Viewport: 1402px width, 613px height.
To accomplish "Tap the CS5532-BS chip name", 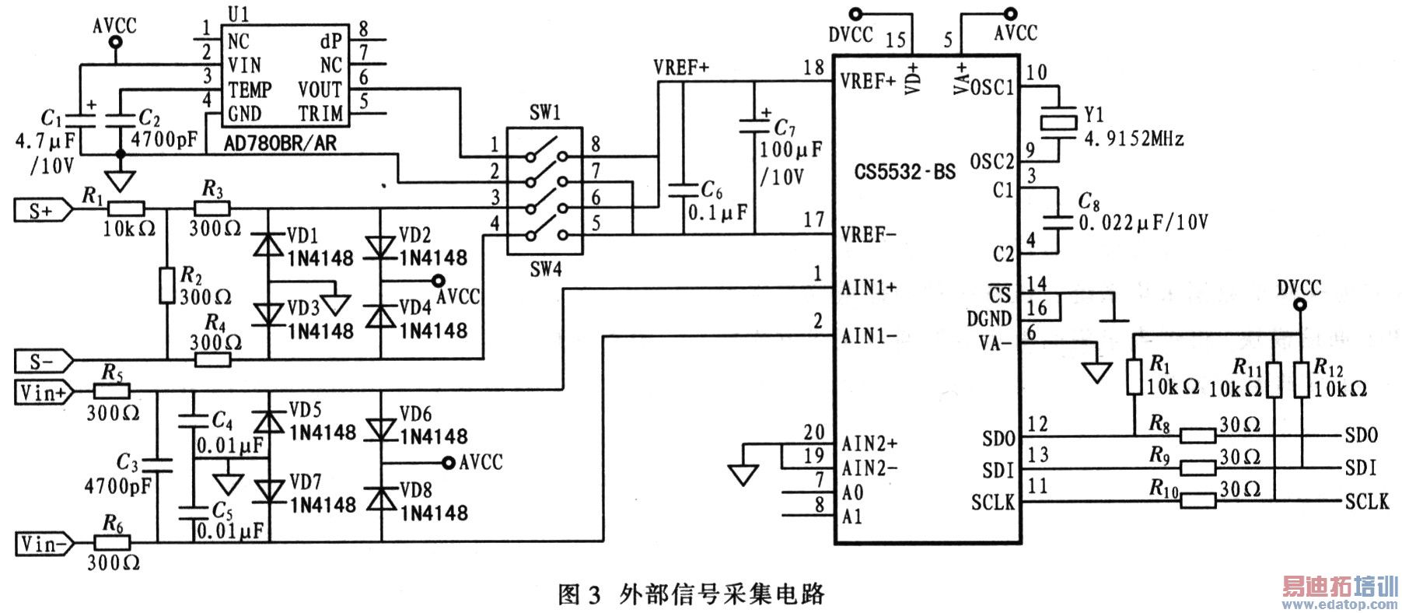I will point(904,171).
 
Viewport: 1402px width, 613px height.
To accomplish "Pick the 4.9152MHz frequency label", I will point(1134,140).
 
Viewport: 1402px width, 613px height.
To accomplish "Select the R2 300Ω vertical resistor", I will point(167,285).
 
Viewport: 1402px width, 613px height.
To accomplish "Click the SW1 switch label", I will point(545,113).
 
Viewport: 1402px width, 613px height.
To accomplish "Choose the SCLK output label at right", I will point(1366,502).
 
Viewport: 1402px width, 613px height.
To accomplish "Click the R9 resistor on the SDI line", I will point(1197,468).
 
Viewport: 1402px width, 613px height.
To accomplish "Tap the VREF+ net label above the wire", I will point(681,68).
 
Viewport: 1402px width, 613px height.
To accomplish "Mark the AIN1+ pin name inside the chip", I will point(869,288).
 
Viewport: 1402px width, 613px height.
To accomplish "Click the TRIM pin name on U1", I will point(320,114).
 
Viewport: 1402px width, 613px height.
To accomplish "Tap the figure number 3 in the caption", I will point(594,596).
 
